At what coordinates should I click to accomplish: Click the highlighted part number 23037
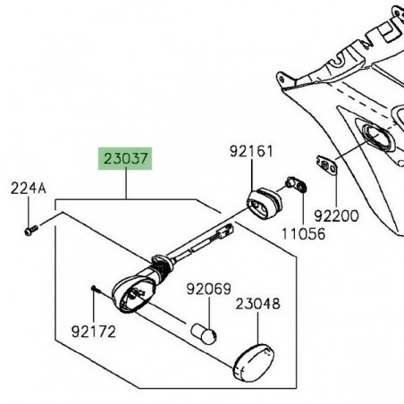click(125, 158)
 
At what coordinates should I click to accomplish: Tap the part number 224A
click(29, 189)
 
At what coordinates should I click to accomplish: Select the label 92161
click(251, 151)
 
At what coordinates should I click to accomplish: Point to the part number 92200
click(336, 215)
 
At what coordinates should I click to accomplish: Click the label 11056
click(303, 234)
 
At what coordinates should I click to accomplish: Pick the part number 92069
click(208, 289)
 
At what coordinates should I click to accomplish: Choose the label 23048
click(257, 304)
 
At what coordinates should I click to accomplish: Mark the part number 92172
click(93, 332)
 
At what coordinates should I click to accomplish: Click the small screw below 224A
click(31, 231)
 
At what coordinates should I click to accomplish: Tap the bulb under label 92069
click(204, 333)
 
